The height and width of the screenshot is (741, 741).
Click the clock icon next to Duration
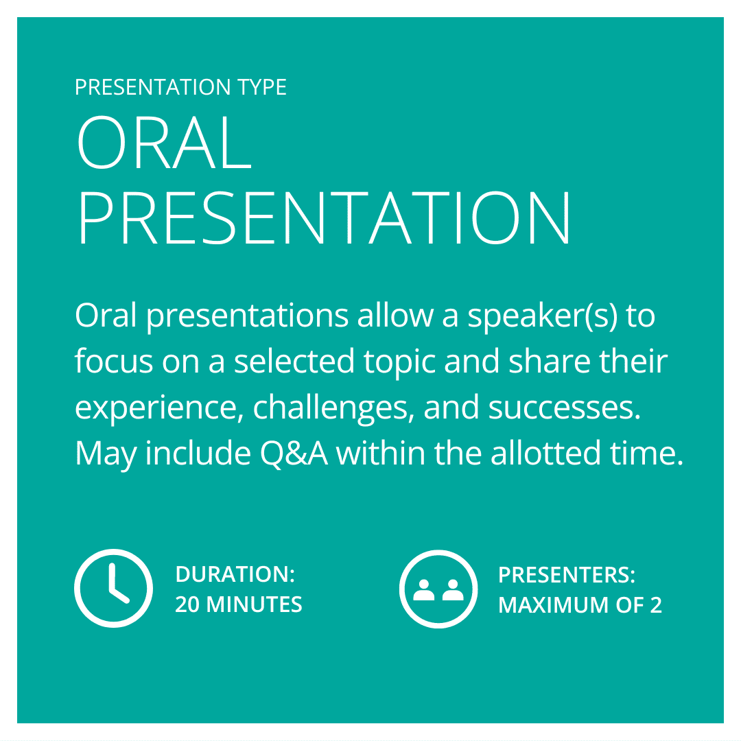click(113, 589)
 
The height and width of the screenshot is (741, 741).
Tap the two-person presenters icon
click(438, 589)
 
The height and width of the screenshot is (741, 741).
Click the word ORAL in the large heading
click(164, 142)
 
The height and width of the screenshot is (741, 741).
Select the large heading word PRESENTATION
click(324, 218)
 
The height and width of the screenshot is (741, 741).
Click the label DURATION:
click(235, 574)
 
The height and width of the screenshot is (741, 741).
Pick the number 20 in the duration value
click(187, 604)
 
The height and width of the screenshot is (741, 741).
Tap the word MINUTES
click(255, 604)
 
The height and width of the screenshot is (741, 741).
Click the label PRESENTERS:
click(567, 575)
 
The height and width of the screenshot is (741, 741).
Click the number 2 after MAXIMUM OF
click(656, 605)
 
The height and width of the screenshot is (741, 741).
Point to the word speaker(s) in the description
click(543, 316)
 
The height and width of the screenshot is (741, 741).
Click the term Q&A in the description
click(294, 454)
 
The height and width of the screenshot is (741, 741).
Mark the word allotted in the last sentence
click(545, 454)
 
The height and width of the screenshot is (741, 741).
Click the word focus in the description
click(114, 361)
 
